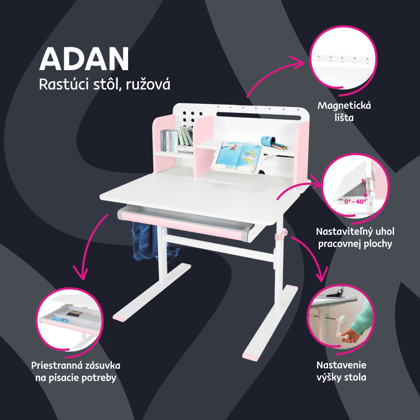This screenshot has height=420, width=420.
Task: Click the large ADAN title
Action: (84, 59)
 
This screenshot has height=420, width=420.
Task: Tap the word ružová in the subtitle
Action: (148, 85)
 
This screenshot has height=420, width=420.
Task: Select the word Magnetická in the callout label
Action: (344, 105)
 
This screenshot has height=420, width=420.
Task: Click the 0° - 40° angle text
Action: (355, 202)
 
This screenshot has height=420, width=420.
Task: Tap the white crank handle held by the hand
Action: (341, 327)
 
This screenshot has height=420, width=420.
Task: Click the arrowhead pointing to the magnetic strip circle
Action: (299, 63)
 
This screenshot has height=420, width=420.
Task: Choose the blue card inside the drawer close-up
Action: (60, 320)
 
